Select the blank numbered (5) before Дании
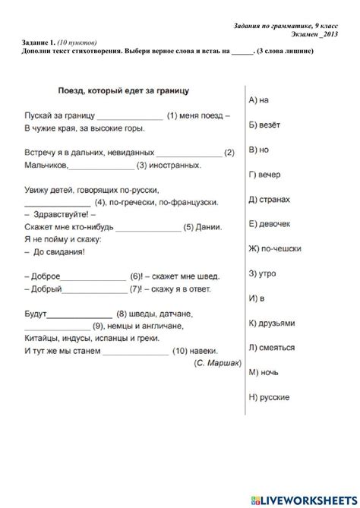[x=148, y=226]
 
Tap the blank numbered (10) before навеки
[x=135, y=351]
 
